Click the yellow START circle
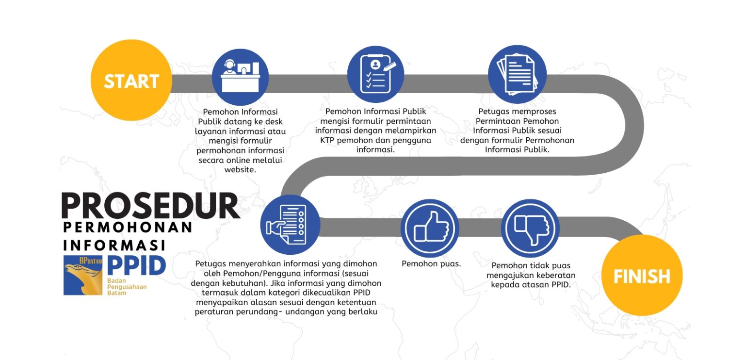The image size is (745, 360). [x=131, y=80]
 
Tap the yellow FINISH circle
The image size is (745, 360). [x=642, y=275]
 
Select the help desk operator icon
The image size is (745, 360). [x=240, y=77]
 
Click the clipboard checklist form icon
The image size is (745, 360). [x=376, y=74]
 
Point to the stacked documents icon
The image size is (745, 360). [x=517, y=74]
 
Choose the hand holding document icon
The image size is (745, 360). [x=290, y=225]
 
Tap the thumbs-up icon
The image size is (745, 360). [x=430, y=228]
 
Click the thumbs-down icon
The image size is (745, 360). [x=531, y=228]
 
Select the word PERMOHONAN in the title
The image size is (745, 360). [x=128, y=228]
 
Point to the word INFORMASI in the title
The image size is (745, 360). [x=114, y=245]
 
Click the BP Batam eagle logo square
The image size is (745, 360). [x=83, y=276]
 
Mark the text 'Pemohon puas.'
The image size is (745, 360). [x=431, y=264]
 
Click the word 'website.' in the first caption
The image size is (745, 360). [x=240, y=170]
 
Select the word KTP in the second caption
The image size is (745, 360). [x=327, y=140]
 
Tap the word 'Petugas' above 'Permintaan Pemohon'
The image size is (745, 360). [x=494, y=112]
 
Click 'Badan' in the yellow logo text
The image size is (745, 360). [x=116, y=281]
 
